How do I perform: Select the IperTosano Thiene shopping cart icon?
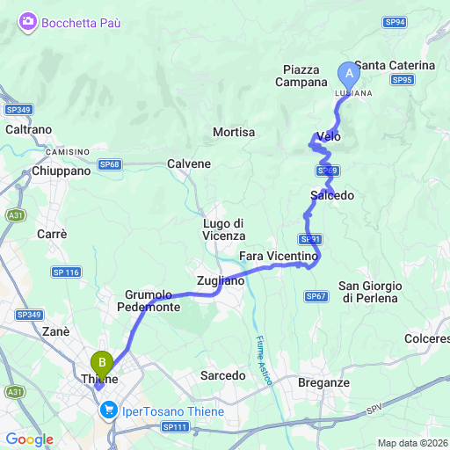pos(110,410)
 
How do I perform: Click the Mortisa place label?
pos(234,132)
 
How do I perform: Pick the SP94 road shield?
pos(396,23)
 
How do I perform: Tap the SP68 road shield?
pos(109,164)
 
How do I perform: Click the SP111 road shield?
pos(175,426)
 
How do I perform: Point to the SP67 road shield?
pos(316,297)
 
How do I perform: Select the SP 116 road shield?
pos(67,273)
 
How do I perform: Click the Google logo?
pos(29,439)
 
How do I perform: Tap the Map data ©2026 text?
pos(412,442)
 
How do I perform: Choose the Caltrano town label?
pos(28,129)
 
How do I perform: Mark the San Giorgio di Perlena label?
pos(370,292)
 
